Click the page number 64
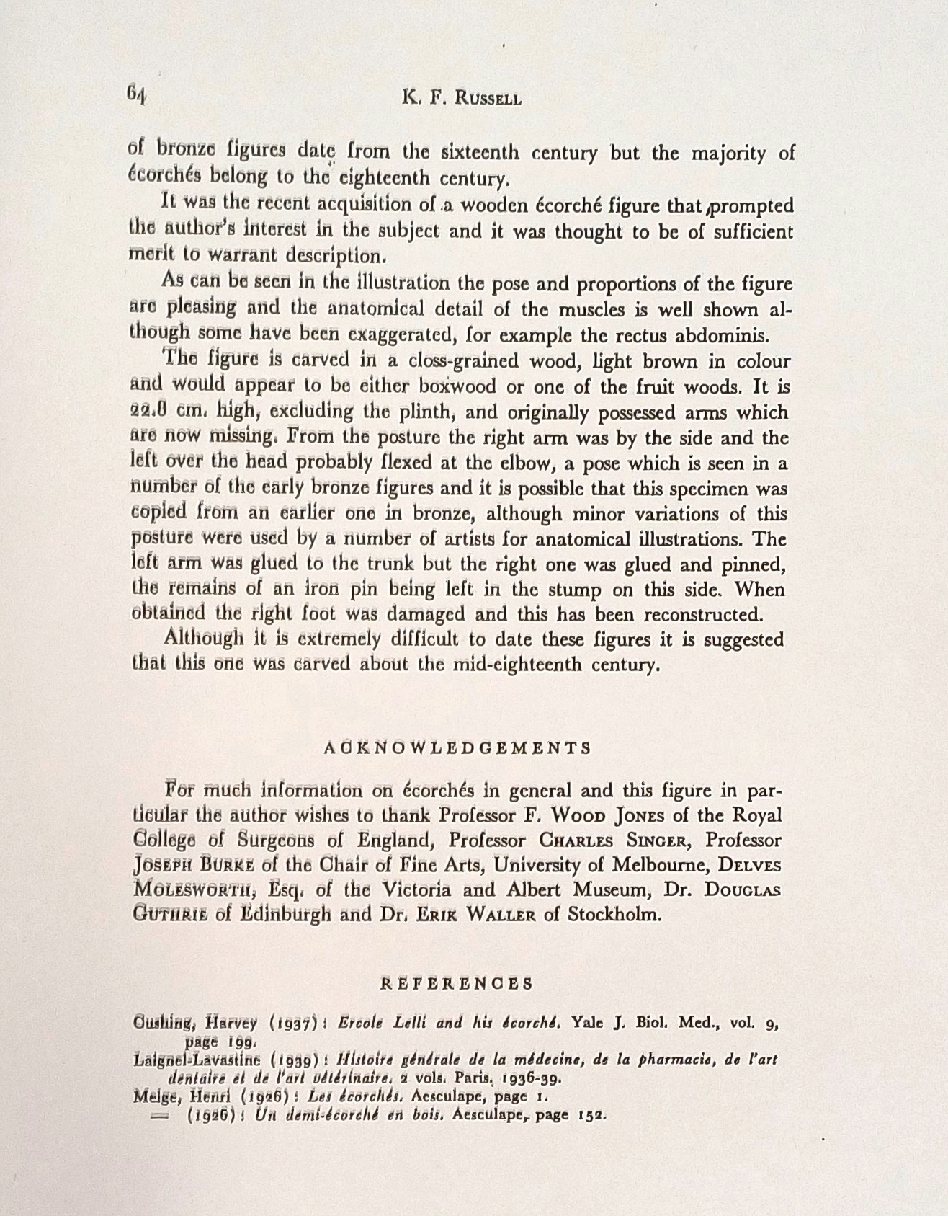(136, 94)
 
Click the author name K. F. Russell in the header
(462, 97)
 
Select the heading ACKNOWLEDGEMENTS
(457, 747)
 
